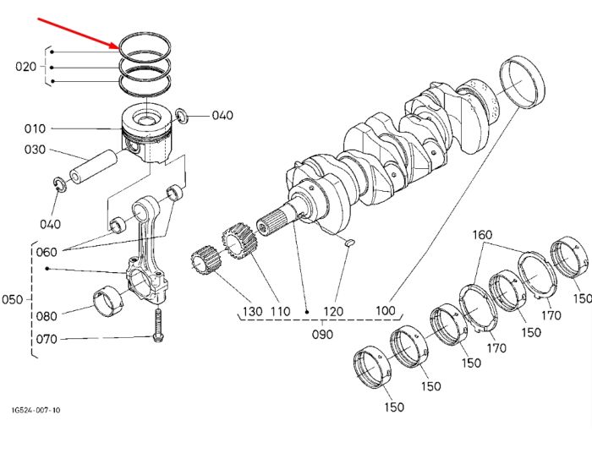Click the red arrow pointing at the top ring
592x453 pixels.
pos(79,33)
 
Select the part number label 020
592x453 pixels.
pos(25,67)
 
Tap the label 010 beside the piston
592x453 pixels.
pos(35,128)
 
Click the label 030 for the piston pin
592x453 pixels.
pos(35,150)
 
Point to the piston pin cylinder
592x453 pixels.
pos(93,166)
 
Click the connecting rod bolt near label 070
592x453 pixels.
pos(158,325)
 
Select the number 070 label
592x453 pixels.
pos(47,339)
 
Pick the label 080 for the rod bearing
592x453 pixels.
pos(47,316)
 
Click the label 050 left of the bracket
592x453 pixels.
pos(13,300)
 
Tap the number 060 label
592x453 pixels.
pos(47,252)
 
